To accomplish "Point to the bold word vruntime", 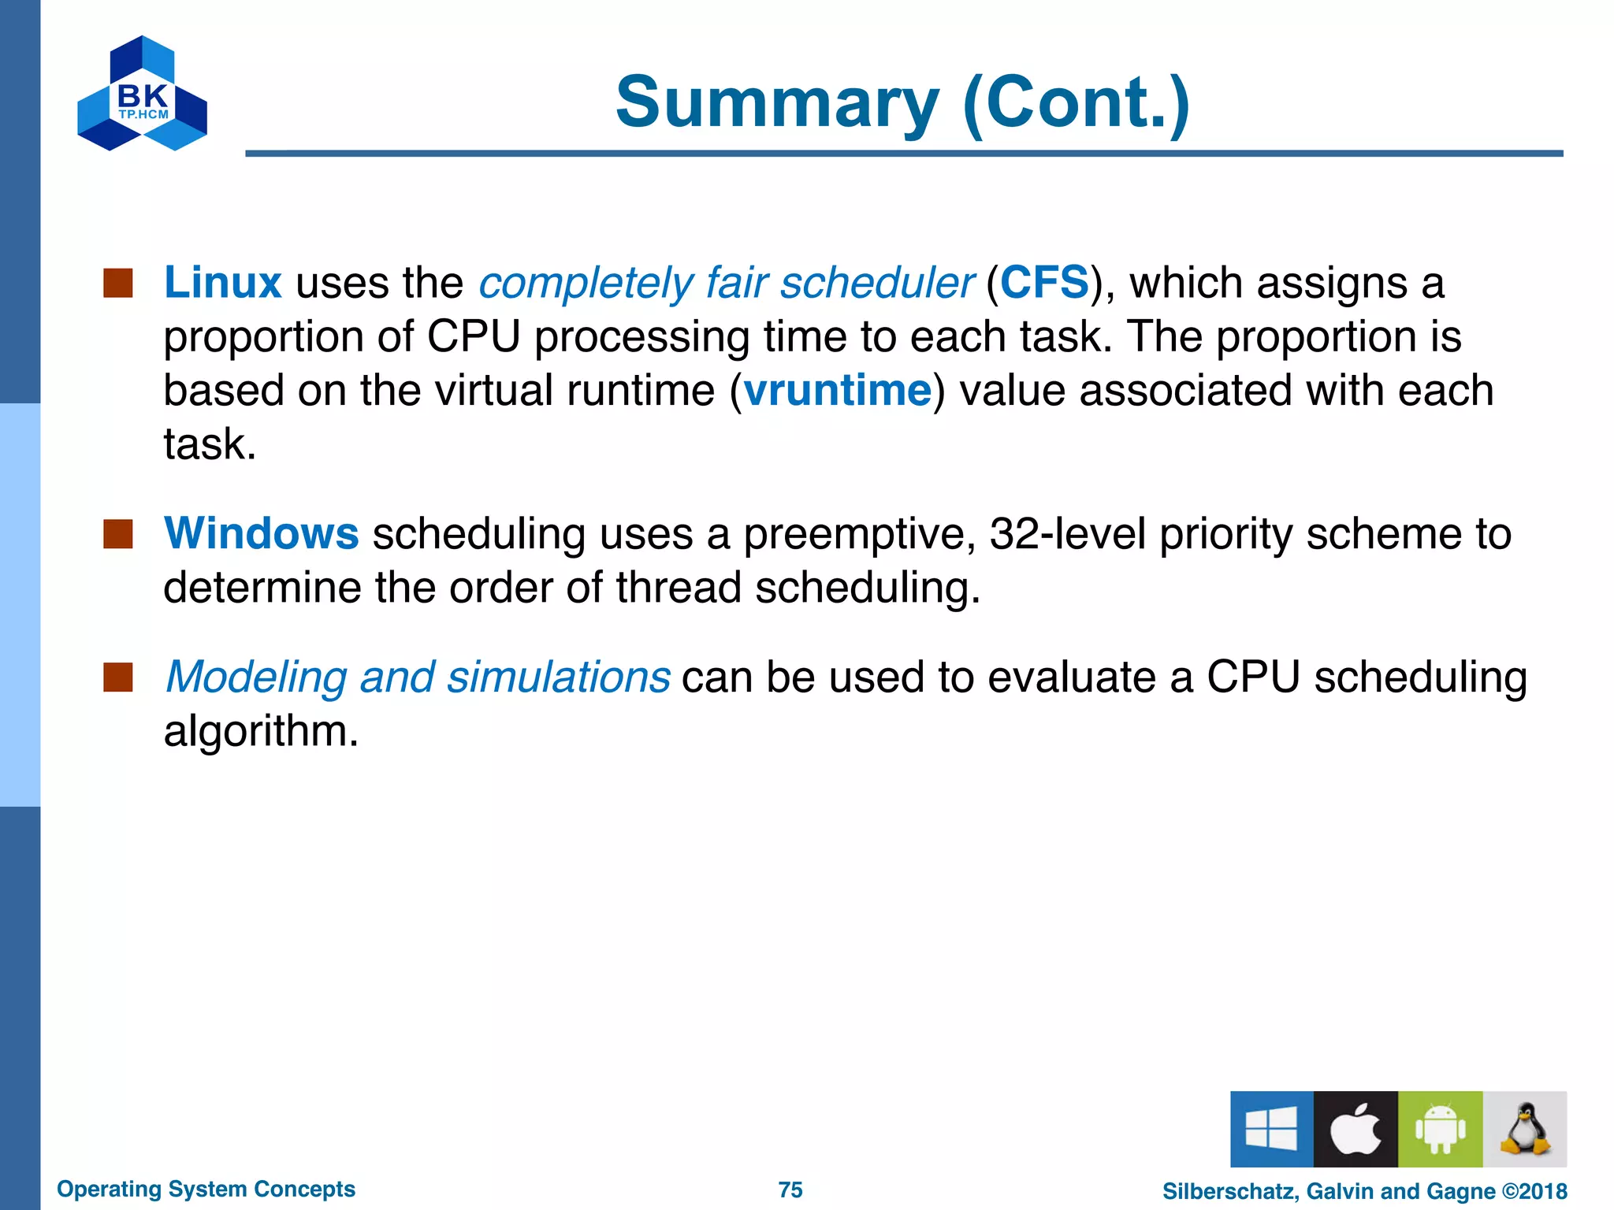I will coord(837,390).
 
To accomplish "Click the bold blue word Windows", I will coord(261,533).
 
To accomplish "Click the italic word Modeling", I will coord(256,677).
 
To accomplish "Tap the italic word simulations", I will coord(558,677).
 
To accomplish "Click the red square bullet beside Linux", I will coord(118,283).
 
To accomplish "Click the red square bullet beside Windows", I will coord(118,533).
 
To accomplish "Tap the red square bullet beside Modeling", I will coord(118,677).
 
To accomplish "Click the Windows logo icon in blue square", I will coord(1271,1129).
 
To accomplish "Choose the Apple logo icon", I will coord(1356,1129).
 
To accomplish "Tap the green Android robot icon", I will coord(1440,1129).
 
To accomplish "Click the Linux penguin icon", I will coord(1524,1129).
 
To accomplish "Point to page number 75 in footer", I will coord(790,1190).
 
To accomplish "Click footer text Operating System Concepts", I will coord(206,1189).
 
